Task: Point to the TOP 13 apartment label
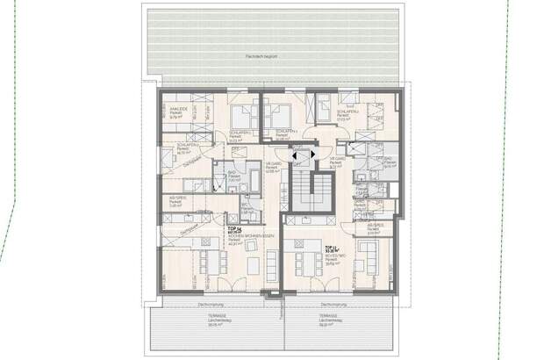pyautogui.click(x=331, y=248)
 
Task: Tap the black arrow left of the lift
pyautogui.click(x=293, y=158)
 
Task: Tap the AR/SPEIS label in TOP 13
pyautogui.click(x=376, y=227)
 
